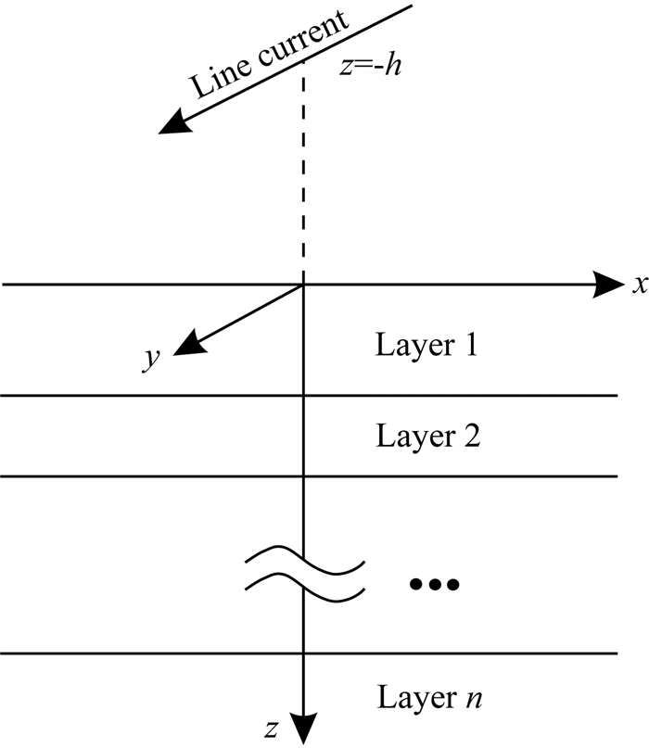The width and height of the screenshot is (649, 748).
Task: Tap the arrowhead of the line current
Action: [x=172, y=126]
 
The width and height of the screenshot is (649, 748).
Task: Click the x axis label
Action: [x=639, y=285]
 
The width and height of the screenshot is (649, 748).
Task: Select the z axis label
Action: [x=270, y=729]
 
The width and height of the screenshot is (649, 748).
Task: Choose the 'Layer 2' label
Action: [x=426, y=435]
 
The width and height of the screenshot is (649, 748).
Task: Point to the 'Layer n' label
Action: [x=427, y=694]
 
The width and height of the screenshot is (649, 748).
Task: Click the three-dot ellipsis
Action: [x=433, y=584]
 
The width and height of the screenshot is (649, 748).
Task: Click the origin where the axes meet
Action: [x=304, y=285]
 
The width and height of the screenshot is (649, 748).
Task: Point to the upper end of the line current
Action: [x=408, y=8]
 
